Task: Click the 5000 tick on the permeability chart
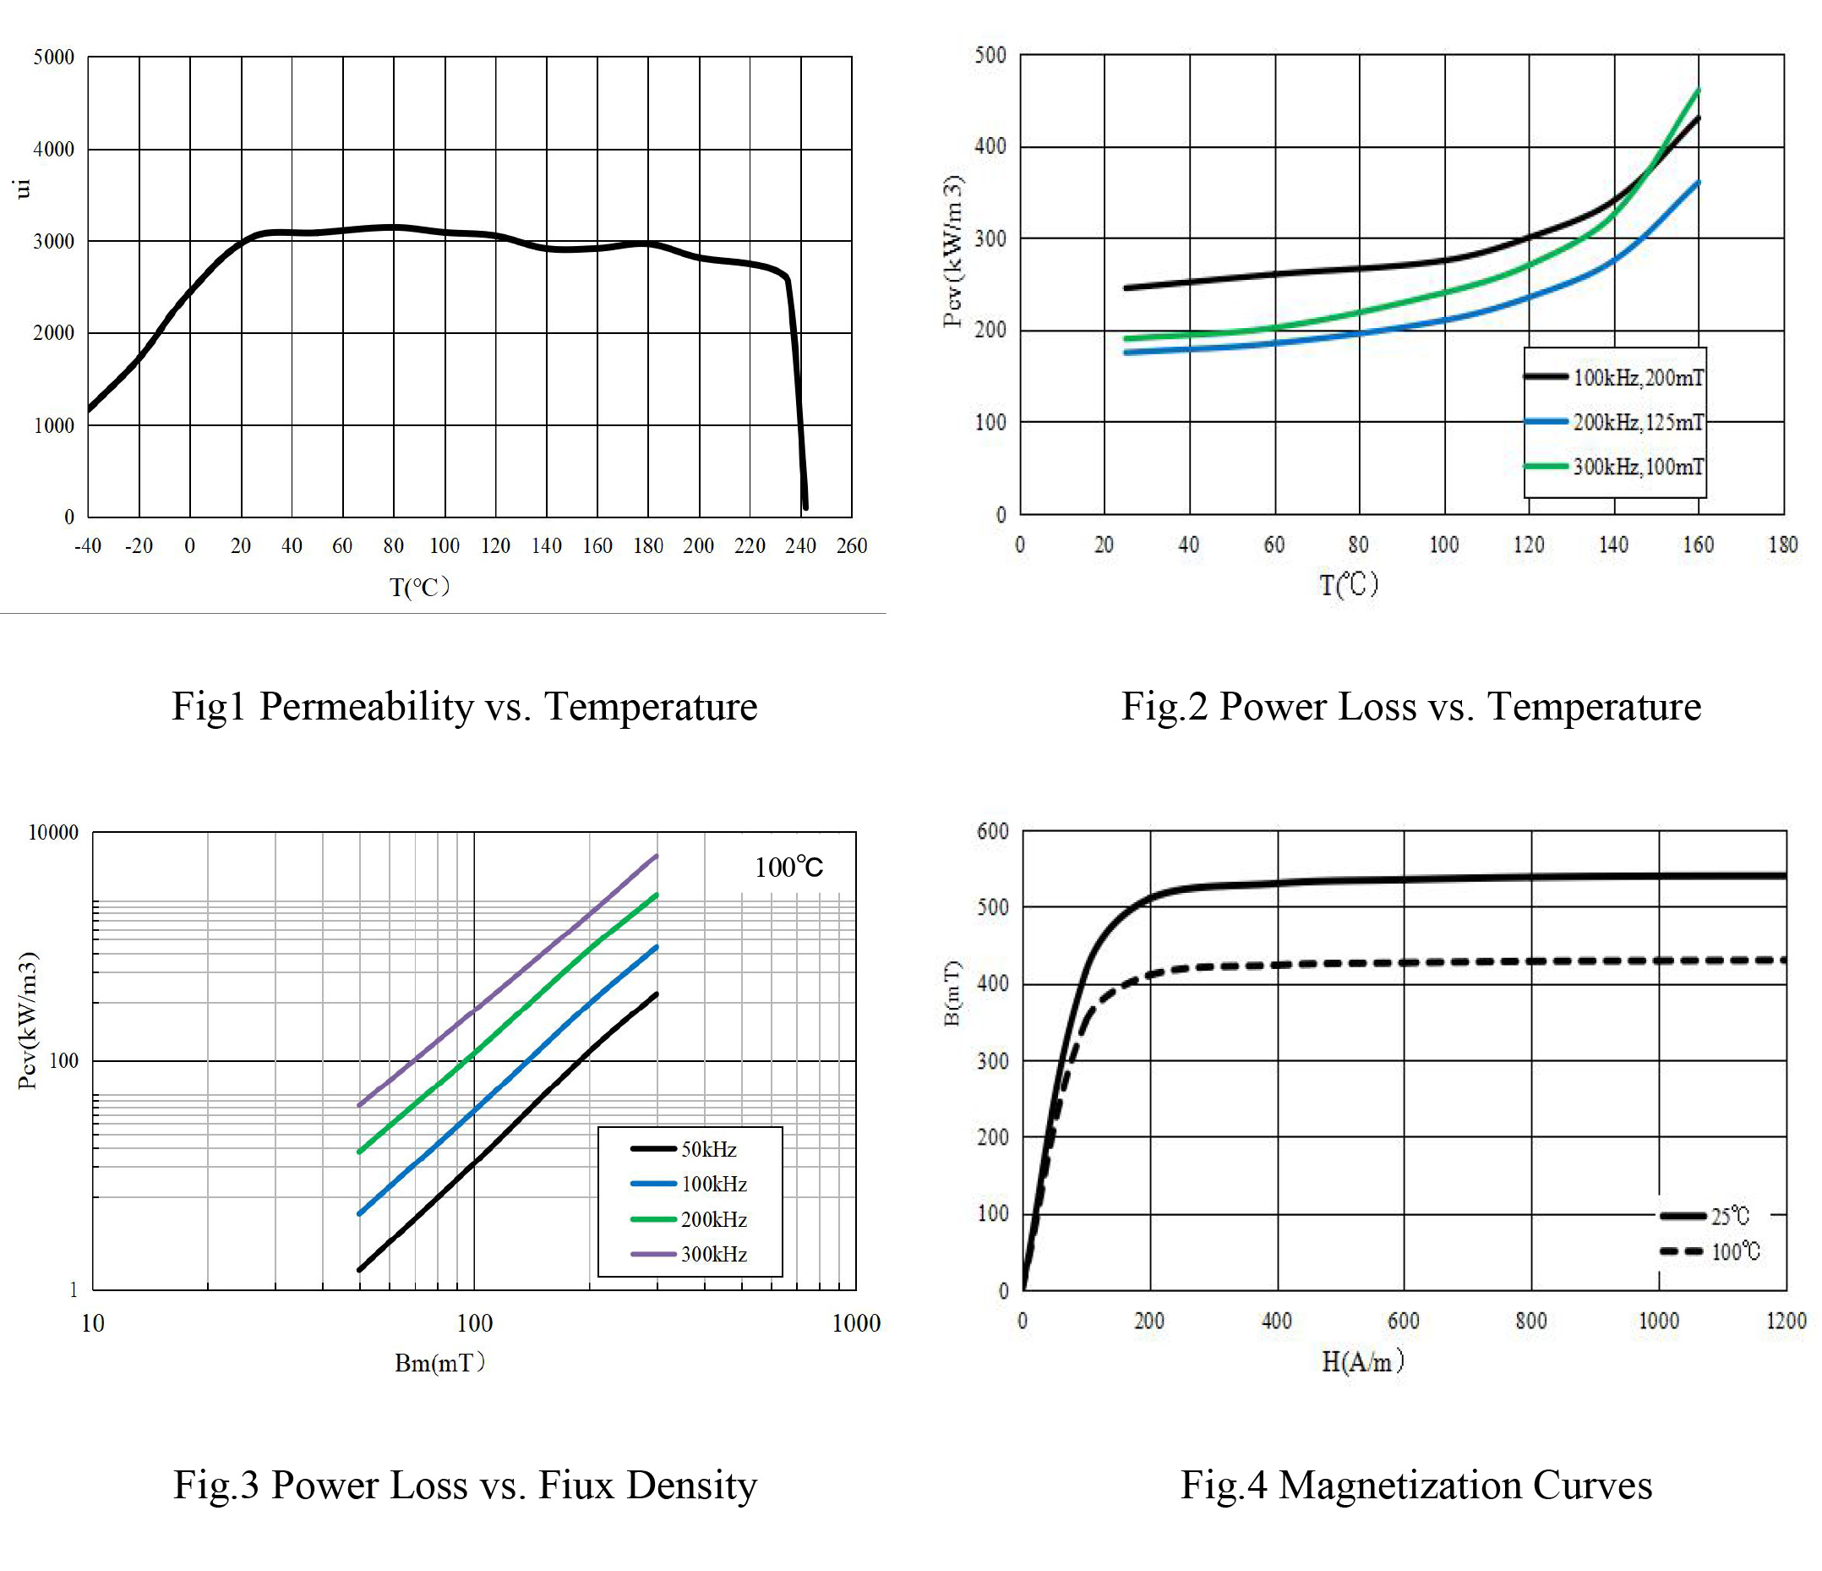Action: [53, 58]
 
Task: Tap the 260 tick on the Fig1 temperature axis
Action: [851, 546]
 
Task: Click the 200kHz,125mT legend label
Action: [1637, 423]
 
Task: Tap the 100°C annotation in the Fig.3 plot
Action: [788, 868]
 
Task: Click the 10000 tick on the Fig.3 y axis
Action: [53, 833]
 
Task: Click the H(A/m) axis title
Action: [1362, 1362]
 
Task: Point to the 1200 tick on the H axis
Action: [1786, 1322]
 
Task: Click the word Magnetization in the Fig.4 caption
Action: [1400, 1485]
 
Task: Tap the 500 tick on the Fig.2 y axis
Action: [991, 56]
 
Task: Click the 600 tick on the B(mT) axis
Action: [993, 832]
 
